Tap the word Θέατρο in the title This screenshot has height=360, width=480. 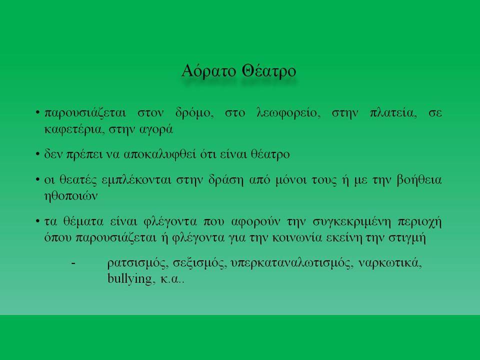click(x=269, y=71)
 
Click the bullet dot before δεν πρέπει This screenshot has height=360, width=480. click(x=37, y=154)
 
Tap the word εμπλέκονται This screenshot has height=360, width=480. click(x=136, y=180)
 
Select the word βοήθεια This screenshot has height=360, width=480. click(x=419, y=179)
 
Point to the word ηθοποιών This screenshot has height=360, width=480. click(x=71, y=196)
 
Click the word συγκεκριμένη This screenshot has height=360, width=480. click(x=351, y=221)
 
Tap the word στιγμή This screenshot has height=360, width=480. click(x=407, y=238)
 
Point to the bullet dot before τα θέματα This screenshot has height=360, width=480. click(x=37, y=221)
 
